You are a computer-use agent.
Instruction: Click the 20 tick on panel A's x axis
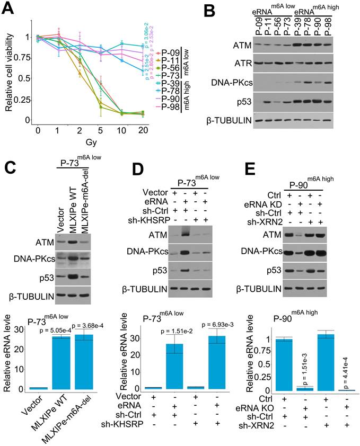pyautogui.click(x=141, y=130)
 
